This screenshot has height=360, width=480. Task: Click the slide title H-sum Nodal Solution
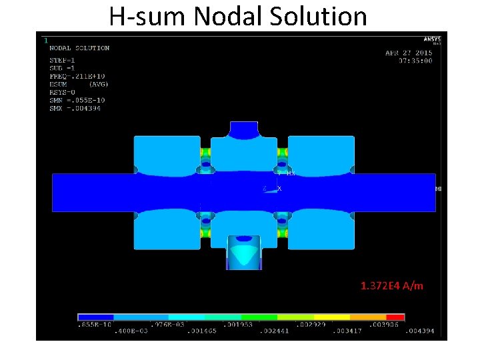[238, 16]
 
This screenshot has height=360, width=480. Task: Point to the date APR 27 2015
[409, 53]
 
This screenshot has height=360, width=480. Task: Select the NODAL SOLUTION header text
[79, 48]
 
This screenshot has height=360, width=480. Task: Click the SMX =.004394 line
[75, 109]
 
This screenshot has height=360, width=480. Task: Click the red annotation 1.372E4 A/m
[391, 286]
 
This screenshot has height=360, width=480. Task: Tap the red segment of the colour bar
[395, 317]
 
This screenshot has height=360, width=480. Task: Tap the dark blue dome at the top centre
[243, 129]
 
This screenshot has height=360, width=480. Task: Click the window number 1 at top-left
[45, 40]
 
